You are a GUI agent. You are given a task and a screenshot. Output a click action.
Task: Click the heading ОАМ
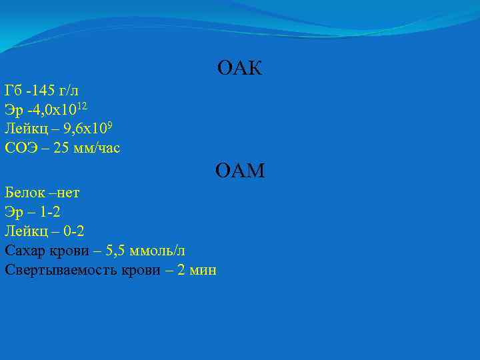(x=240, y=172)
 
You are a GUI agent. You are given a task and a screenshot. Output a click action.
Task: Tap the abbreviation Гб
(x=13, y=89)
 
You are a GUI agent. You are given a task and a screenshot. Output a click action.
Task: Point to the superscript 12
(x=83, y=105)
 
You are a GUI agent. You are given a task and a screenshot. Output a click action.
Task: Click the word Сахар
(x=23, y=251)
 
